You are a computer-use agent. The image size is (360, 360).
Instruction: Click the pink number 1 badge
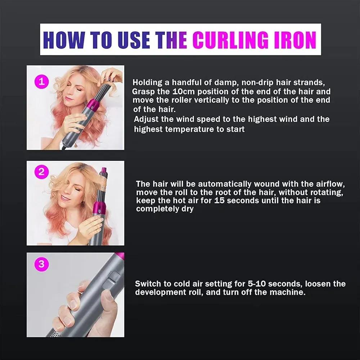pos(42,81)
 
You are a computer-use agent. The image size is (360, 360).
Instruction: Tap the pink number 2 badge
pos(42,172)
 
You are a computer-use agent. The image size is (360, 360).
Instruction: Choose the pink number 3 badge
pos(42,264)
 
